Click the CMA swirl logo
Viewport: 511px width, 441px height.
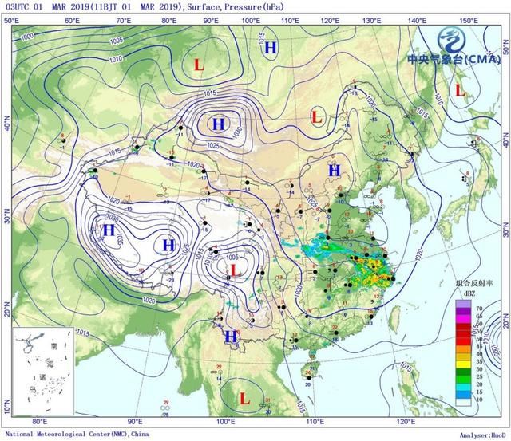[x=454, y=36]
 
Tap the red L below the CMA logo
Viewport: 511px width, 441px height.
[x=459, y=90]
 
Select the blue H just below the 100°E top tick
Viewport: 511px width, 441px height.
[x=271, y=48]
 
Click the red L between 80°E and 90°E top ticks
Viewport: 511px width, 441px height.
[x=199, y=62]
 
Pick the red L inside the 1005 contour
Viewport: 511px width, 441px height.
[x=235, y=271]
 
